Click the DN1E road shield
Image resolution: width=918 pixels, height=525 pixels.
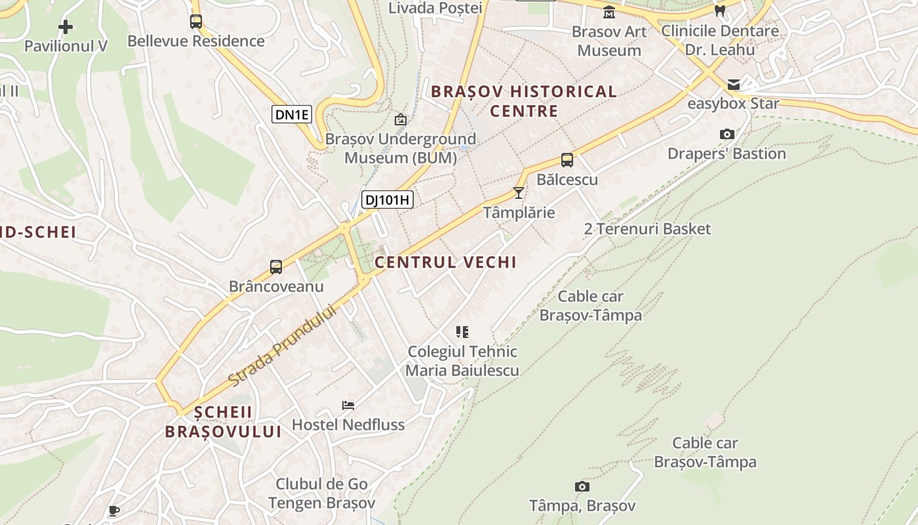[x=292, y=114]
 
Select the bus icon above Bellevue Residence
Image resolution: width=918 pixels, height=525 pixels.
[x=196, y=22]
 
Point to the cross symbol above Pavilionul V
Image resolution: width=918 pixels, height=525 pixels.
[x=66, y=27]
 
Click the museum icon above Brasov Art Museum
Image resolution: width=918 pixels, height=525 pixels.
[x=609, y=12]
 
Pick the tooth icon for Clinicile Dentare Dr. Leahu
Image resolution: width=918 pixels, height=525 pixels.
[x=720, y=11]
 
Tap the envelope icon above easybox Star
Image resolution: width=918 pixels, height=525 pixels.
[x=733, y=85]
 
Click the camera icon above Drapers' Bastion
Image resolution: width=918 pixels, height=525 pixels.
[x=727, y=135]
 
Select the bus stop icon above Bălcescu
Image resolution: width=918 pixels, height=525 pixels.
[x=567, y=159]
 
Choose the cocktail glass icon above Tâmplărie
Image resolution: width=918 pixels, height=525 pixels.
[x=519, y=193]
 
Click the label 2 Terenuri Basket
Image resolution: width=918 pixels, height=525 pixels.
[x=647, y=229]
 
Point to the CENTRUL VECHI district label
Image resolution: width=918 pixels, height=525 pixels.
[x=446, y=262]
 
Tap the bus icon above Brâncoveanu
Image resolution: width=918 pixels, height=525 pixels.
[x=276, y=267]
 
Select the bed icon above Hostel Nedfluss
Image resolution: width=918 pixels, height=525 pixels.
[x=348, y=406]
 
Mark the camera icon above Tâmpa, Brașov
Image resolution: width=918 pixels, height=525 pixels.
[x=582, y=486]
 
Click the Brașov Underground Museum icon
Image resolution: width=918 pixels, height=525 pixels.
[x=400, y=119]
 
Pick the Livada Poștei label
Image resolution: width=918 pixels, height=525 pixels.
[x=435, y=8]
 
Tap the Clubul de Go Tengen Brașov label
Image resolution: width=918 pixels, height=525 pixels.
[x=321, y=493]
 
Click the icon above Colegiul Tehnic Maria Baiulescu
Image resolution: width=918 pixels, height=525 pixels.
[x=462, y=332]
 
